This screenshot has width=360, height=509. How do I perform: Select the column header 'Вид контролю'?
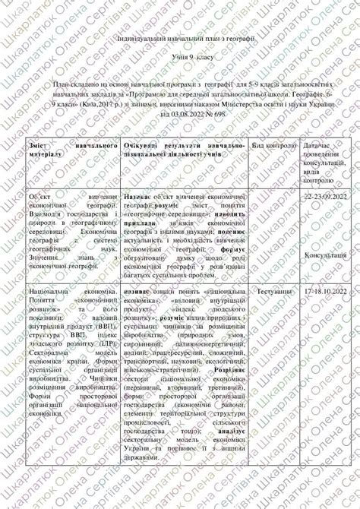[x=273, y=144]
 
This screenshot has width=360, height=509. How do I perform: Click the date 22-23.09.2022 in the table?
[x=324, y=196]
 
